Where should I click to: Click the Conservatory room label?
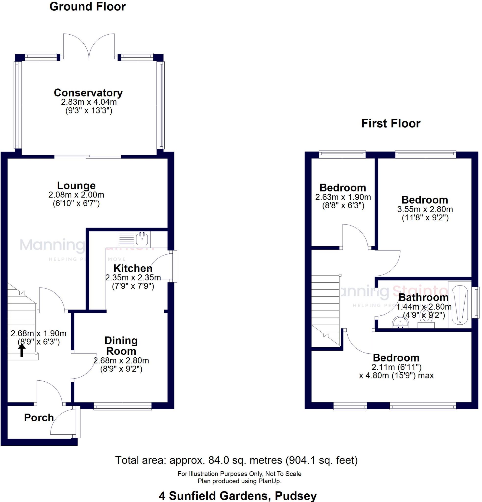pyautogui.click(x=88, y=93)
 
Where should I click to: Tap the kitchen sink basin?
pyautogui.click(x=142, y=239)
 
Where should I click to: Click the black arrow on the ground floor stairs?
pyautogui.click(x=22, y=350)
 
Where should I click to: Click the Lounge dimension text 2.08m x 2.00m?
pyautogui.click(x=76, y=195)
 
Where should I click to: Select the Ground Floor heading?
pyautogui.click(x=87, y=6)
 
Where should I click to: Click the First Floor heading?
pyautogui.click(x=391, y=124)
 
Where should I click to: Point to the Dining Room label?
pyautogui.click(x=121, y=346)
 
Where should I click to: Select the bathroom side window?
pyautogui.click(x=477, y=302)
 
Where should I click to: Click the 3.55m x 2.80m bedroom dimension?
pyautogui.click(x=425, y=209)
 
